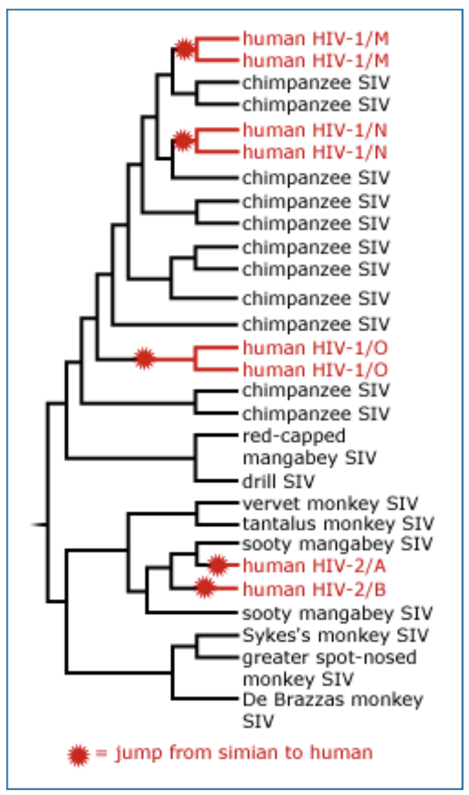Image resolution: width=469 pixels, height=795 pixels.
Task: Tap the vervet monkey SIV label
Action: (330, 504)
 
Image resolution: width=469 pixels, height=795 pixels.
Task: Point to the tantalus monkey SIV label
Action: (338, 524)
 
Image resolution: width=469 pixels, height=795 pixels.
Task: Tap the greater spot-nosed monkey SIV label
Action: (329, 668)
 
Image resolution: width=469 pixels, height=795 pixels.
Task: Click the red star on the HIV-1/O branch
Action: (144, 358)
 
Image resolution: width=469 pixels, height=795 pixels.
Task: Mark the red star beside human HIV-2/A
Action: (218, 565)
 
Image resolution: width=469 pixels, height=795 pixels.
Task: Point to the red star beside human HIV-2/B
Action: (205, 589)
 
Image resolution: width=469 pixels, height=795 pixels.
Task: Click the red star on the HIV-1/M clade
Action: (184, 48)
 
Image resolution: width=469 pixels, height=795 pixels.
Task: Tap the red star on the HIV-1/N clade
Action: (182, 141)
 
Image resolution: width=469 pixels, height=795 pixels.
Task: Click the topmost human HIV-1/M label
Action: (316, 39)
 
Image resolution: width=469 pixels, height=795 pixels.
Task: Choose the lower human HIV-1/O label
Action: (316, 371)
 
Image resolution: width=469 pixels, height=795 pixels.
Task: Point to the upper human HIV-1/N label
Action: (316, 130)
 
